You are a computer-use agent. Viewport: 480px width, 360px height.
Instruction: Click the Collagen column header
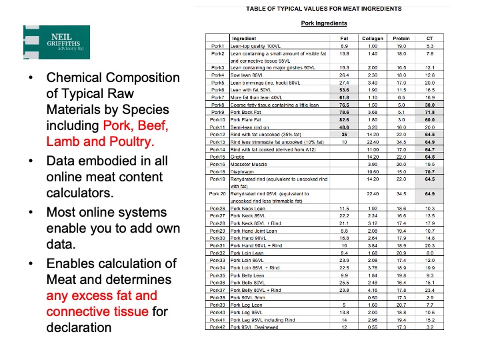(x=373, y=39)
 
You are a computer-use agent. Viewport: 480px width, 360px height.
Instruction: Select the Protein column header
(x=401, y=39)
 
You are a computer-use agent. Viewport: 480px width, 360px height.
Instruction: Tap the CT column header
(x=430, y=39)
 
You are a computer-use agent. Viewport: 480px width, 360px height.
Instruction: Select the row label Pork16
(x=217, y=163)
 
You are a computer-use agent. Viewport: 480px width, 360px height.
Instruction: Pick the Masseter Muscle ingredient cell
(x=253, y=163)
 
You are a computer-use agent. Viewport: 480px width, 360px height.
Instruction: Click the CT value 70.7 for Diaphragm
(x=430, y=171)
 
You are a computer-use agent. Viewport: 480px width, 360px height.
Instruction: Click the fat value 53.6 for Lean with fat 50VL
(x=344, y=88)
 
